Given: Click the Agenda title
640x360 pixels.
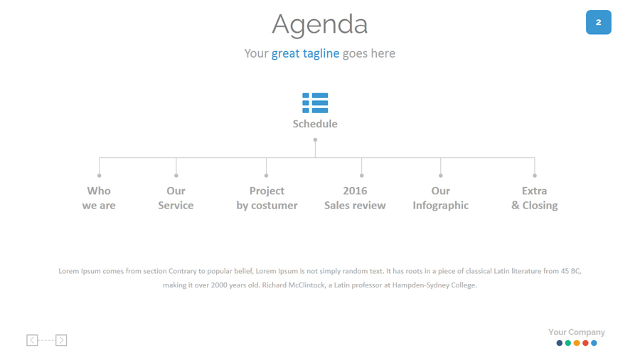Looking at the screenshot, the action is (319, 24).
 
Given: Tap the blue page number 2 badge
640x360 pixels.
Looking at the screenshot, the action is (598, 22).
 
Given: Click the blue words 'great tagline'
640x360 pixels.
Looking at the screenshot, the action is (305, 53).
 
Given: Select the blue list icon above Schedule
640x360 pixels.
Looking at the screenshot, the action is (315, 103).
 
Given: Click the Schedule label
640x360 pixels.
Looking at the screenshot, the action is (315, 124).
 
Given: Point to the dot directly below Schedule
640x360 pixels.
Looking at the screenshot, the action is (315, 140).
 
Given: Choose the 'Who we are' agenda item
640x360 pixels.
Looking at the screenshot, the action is (99, 198).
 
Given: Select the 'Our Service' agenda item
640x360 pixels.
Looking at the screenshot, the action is (176, 198).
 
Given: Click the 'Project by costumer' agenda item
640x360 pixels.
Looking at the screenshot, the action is (267, 198).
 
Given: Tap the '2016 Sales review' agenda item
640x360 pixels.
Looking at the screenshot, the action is (355, 198).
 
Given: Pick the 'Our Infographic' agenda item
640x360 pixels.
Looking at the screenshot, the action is (441, 198).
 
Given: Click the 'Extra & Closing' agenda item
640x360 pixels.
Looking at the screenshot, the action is (535, 198).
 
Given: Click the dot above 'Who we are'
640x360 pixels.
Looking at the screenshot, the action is (99, 176).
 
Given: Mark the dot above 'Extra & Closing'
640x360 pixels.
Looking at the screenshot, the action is (535, 176).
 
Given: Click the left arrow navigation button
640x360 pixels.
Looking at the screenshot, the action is (32, 340).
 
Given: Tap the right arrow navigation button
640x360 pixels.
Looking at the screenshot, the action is (61, 340).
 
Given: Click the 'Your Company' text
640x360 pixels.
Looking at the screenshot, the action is (577, 332).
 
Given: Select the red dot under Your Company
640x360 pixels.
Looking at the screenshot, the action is (585, 343).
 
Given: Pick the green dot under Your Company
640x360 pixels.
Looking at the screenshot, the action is (567, 343).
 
